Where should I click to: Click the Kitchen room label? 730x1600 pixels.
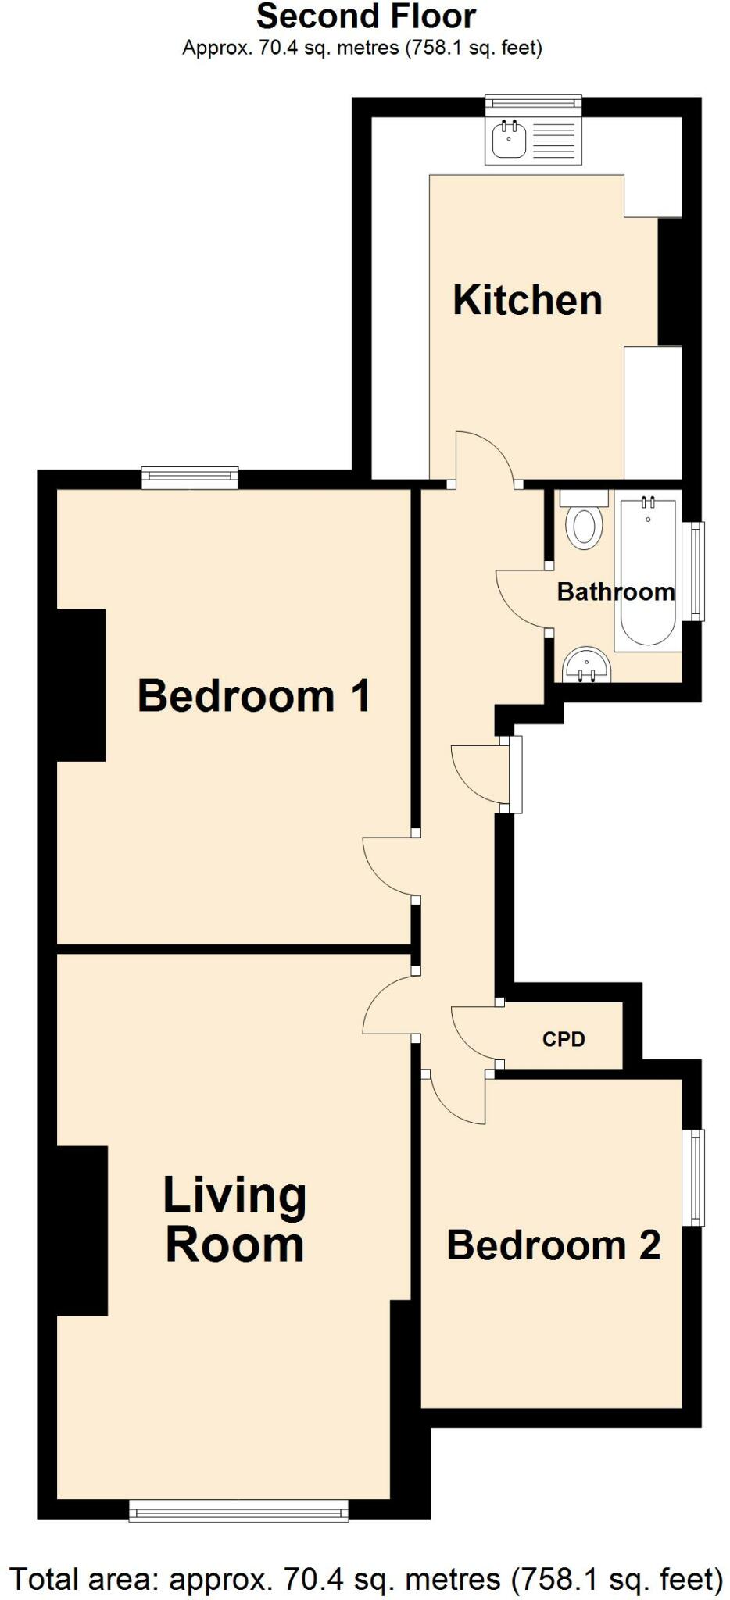click(528, 301)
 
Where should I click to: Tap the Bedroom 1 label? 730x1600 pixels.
click(254, 695)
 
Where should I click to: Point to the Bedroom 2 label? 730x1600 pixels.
click(553, 1245)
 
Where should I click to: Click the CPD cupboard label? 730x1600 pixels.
click(564, 1039)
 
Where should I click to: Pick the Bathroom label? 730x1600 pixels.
click(615, 591)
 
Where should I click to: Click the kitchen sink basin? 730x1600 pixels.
click(509, 141)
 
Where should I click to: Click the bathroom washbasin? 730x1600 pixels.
click(586, 666)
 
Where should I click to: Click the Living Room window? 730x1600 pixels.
click(238, 1512)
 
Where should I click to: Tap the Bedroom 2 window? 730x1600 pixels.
click(692, 1177)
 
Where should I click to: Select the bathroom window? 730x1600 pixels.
click(693, 571)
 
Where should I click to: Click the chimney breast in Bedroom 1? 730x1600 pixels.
click(81, 684)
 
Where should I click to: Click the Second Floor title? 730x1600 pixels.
click(366, 17)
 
